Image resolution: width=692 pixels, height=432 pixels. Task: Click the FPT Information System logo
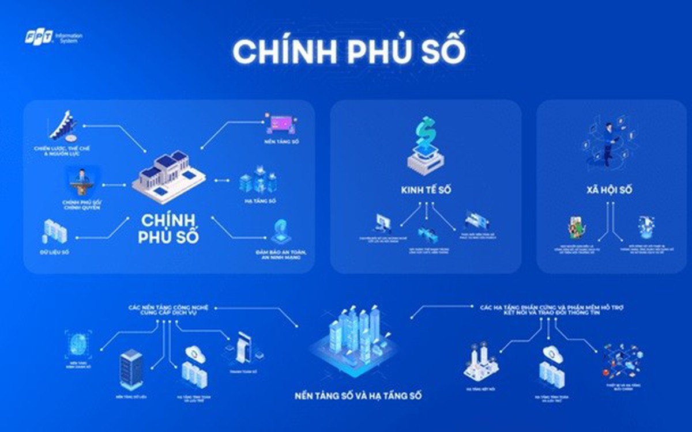coord(54,38)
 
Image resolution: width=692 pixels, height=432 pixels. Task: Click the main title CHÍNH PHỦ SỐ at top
coord(348,51)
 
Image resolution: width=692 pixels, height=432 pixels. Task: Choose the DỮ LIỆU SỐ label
coord(54,252)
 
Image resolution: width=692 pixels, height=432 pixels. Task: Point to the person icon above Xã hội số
coord(609,144)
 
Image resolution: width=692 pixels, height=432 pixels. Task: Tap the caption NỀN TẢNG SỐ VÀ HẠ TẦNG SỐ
coord(358,396)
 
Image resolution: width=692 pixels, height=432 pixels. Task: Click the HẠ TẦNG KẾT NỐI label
coord(477,389)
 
